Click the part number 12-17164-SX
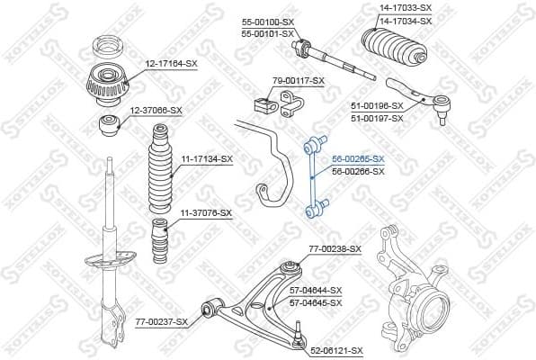tap(173, 64)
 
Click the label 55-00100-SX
tap(268, 21)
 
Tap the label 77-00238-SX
tap(335, 248)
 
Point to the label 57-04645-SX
tap(316, 302)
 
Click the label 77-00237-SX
tap(162, 321)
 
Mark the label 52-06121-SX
tap(337, 350)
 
